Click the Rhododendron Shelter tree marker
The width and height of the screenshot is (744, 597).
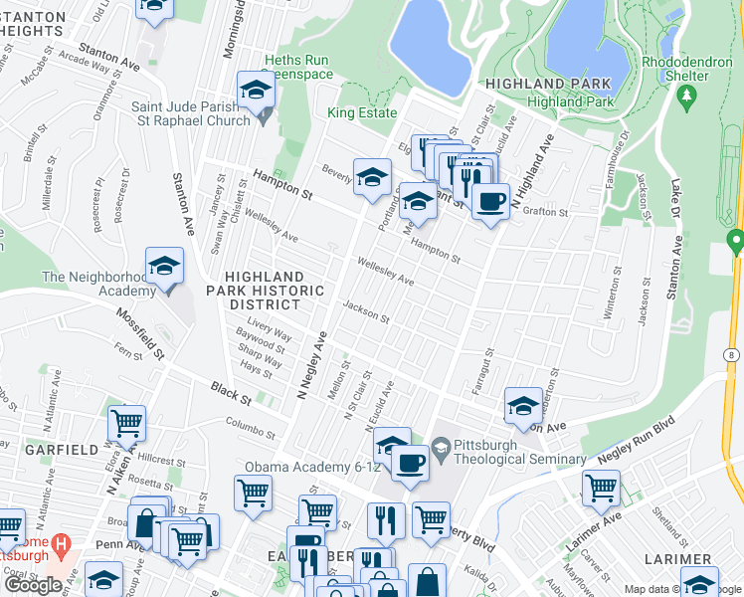click(686, 97)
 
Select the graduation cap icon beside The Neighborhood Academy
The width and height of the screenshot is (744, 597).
click(165, 267)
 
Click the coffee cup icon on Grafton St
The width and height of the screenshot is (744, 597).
click(489, 202)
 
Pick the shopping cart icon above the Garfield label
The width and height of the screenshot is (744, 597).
click(127, 424)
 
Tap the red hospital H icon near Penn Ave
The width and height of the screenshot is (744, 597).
click(62, 544)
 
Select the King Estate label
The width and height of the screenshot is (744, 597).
click(362, 112)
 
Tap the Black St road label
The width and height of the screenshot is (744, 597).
click(231, 391)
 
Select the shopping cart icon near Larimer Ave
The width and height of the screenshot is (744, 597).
click(602, 488)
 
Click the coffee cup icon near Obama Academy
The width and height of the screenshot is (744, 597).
click(410, 462)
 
